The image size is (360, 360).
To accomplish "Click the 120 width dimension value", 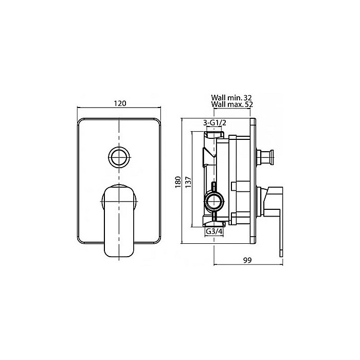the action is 120,103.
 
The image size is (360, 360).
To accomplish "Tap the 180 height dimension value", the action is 178,182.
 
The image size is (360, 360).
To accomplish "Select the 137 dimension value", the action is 188,182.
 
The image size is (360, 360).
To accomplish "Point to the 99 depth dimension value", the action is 247,260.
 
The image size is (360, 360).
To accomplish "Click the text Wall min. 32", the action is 231,98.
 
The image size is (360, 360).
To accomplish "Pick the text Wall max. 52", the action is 232,104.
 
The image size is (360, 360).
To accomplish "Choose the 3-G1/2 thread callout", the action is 214,123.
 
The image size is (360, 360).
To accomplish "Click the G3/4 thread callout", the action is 214,231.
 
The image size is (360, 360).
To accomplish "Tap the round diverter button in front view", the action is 119,157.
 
